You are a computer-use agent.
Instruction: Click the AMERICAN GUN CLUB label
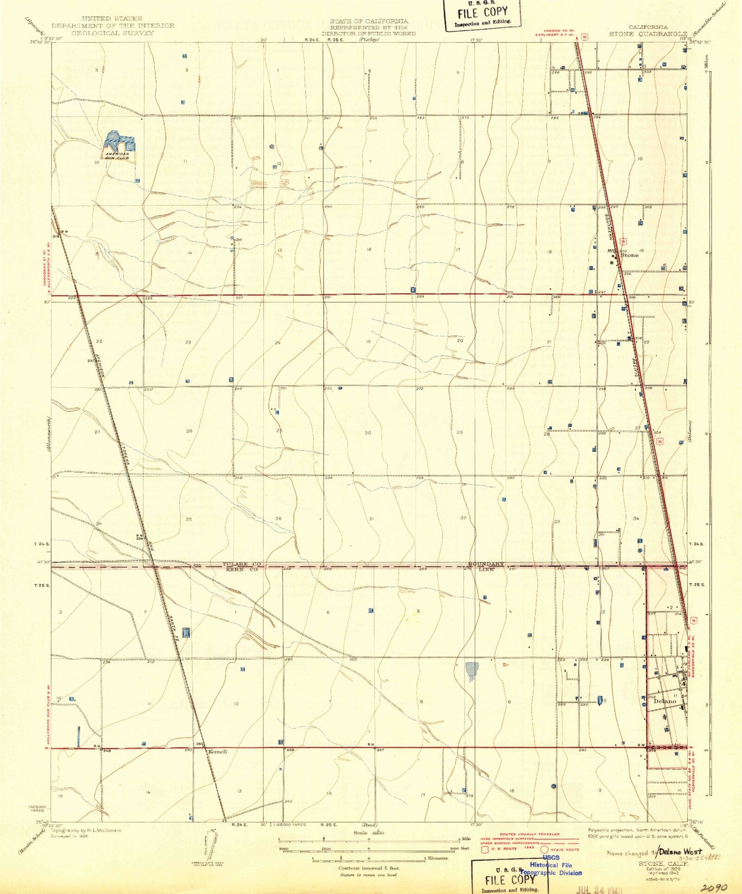(x=118, y=155)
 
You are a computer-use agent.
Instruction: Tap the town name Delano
(x=666, y=701)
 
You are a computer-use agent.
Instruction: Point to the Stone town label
(x=630, y=255)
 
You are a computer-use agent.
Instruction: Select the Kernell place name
(x=217, y=751)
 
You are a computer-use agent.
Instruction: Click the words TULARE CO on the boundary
(x=242, y=564)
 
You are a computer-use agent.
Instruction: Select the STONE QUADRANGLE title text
(x=648, y=34)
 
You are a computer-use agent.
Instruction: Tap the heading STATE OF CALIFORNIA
(x=369, y=22)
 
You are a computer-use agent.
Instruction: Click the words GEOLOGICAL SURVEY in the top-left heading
(x=112, y=33)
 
